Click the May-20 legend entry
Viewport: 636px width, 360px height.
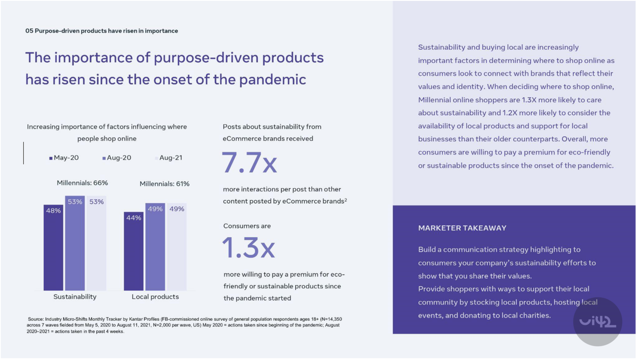[64, 158]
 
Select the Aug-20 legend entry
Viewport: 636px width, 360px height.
[117, 158]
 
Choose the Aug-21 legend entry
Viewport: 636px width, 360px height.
[169, 158]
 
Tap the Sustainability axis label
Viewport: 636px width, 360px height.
[75, 297]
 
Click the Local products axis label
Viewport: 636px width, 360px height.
[155, 297]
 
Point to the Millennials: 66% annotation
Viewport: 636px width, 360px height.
[83, 183]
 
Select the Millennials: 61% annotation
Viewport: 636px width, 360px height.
[165, 184]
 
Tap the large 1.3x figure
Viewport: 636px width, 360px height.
[248, 248]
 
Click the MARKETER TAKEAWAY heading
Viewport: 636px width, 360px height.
[462, 228]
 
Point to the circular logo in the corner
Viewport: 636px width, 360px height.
[597, 321]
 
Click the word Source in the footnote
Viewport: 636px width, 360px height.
[36, 319]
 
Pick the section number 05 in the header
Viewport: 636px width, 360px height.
[29, 31]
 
